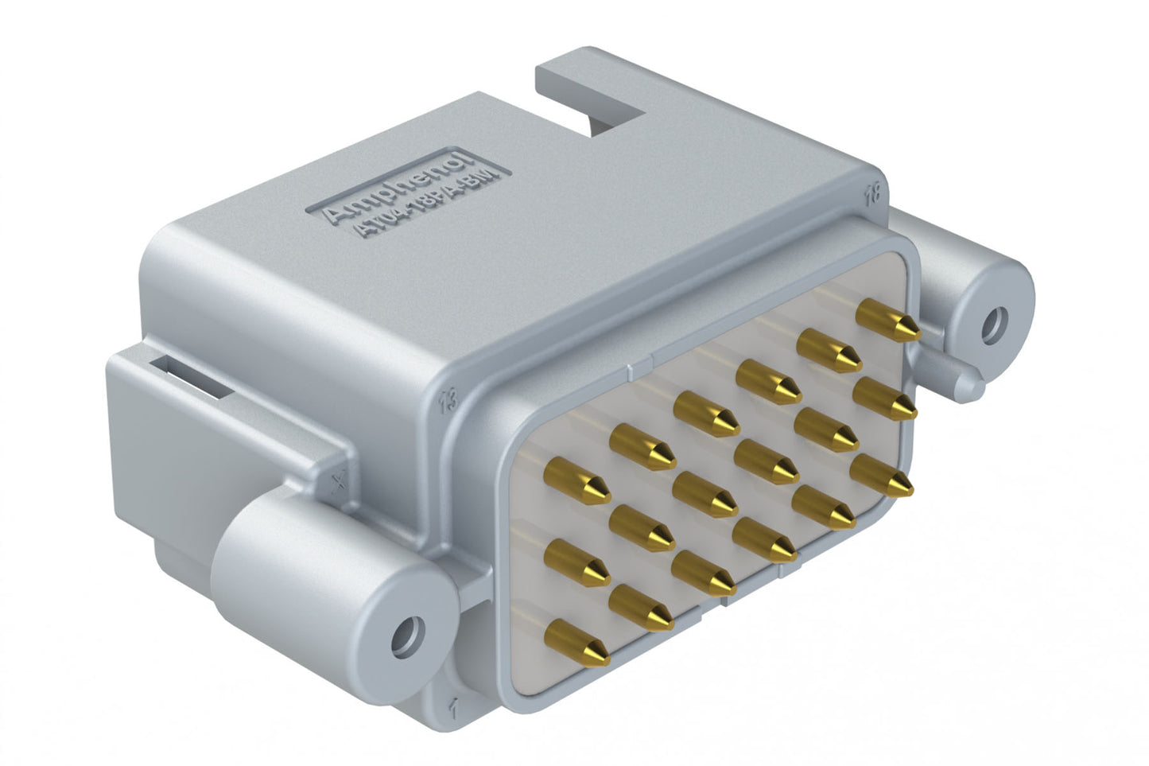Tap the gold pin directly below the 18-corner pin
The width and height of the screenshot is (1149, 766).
884,399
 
